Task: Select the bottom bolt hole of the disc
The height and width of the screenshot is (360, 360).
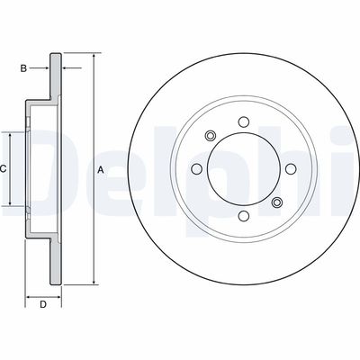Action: [x=243, y=215]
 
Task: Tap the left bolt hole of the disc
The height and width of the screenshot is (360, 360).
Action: [x=197, y=168]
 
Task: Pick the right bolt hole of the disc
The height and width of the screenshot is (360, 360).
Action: [x=290, y=168]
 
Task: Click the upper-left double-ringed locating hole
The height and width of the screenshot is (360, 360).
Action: [x=211, y=136]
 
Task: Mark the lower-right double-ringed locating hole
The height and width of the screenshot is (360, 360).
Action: [x=276, y=202]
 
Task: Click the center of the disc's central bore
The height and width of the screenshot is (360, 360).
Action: [x=243, y=168]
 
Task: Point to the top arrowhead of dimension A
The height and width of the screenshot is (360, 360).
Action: [x=93, y=56]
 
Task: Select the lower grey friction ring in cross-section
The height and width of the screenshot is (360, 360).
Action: [x=55, y=261]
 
